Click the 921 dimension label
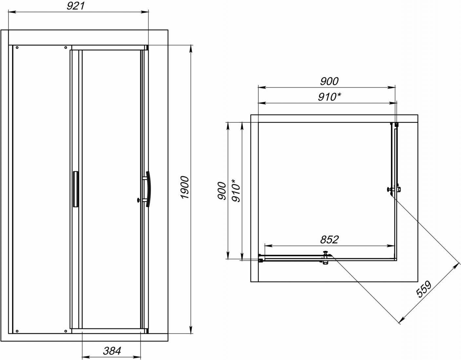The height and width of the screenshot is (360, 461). (76, 6)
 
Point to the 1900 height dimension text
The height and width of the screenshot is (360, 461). (185, 187)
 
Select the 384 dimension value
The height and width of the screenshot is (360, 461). (112, 351)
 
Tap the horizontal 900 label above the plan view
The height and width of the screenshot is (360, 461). (329, 81)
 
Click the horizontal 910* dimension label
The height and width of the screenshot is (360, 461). (329, 97)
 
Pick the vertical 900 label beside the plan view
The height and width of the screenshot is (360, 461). (222, 191)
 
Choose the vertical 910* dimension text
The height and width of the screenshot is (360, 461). (236, 190)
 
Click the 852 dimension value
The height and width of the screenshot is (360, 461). (330, 239)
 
